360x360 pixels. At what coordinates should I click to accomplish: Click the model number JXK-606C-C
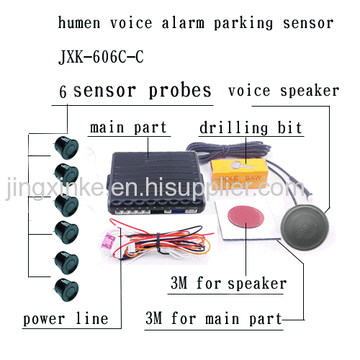pyautogui.click(x=101, y=57)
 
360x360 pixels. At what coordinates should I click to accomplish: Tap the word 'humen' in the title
pyautogui.click(x=79, y=23)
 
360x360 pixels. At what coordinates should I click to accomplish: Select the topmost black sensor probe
pyautogui.click(x=66, y=148)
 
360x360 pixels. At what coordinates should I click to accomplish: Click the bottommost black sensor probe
pyautogui.click(x=66, y=289)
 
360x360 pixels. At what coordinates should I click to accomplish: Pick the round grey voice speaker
pyautogui.click(x=305, y=228)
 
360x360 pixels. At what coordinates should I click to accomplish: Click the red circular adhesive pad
pyautogui.click(x=246, y=215)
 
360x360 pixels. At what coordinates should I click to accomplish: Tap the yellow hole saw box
pyautogui.click(x=239, y=174)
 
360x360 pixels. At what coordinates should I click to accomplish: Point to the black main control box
pyautogui.click(x=156, y=182)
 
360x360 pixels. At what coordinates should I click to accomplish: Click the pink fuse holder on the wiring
pyautogui.click(x=107, y=242)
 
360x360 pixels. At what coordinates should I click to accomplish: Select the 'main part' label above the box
pyautogui.click(x=128, y=127)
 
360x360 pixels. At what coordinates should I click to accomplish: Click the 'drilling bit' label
pyautogui.click(x=251, y=127)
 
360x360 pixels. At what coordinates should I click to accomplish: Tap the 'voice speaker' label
pyautogui.click(x=284, y=91)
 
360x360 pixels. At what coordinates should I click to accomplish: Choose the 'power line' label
pyautogui.click(x=66, y=319)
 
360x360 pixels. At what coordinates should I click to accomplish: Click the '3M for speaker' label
pyautogui.click(x=228, y=283)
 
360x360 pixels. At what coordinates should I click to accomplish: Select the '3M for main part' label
pyautogui.click(x=214, y=318)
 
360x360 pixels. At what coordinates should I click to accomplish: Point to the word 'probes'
pyautogui.click(x=180, y=91)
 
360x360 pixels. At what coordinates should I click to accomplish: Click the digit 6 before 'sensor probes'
pyautogui.click(x=63, y=91)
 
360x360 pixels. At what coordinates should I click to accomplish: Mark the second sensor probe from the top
pyautogui.click(x=66, y=175)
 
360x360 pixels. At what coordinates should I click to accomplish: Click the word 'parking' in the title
pyautogui.click(x=243, y=24)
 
